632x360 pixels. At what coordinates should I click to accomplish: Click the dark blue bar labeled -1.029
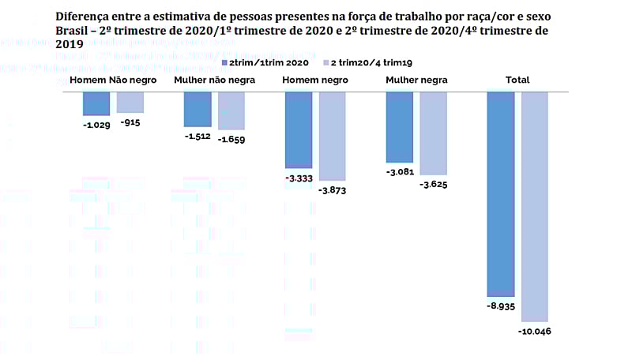click(96, 103)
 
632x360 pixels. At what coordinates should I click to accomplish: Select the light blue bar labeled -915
click(130, 102)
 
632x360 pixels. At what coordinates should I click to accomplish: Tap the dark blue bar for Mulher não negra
click(197, 109)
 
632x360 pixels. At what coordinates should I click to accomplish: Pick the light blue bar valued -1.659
click(231, 111)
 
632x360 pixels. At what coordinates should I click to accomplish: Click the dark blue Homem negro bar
click(299, 130)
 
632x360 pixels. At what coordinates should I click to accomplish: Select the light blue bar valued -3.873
click(333, 136)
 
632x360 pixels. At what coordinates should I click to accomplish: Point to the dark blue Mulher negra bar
click(400, 127)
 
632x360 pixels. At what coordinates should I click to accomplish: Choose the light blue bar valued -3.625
click(434, 133)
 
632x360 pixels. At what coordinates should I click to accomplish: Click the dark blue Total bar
click(501, 193)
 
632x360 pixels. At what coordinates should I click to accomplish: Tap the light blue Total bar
click(535, 205)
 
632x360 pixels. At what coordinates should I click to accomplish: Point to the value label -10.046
click(534, 331)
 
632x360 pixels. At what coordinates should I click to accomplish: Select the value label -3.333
click(299, 178)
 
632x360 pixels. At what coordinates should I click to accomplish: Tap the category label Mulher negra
click(416, 80)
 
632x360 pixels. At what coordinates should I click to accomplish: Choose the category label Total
click(517, 80)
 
